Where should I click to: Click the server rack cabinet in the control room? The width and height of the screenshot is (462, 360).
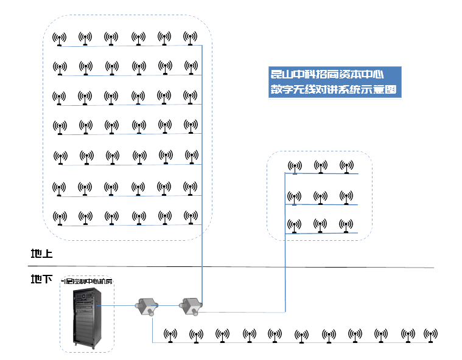[86, 317]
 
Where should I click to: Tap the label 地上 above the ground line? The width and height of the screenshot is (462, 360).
[42, 254]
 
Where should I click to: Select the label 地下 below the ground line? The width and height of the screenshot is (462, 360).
[42, 279]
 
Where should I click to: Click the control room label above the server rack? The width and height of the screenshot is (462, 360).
[87, 282]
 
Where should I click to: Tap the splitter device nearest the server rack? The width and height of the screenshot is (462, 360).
[147, 306]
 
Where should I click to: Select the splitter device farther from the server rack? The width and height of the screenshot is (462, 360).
[189, 305]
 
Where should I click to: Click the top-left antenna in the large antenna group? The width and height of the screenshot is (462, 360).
[59, 39]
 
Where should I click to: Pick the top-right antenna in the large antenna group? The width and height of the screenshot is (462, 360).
[191, 38]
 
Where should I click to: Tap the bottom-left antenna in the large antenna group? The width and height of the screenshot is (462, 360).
[59, 217]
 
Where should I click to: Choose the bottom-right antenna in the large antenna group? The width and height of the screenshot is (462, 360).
[191, 217]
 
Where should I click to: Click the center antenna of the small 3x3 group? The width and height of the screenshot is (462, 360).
[321, 197]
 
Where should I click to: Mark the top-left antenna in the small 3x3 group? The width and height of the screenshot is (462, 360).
[295, 167]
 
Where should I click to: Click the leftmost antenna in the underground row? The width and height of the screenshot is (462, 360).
[170, 335]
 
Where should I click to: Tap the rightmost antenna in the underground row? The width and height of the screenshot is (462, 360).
[430, 334]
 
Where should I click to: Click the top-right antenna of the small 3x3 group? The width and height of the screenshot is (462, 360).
[347, 167]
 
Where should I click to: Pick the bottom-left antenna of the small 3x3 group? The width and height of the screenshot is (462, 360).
[295, 226]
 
